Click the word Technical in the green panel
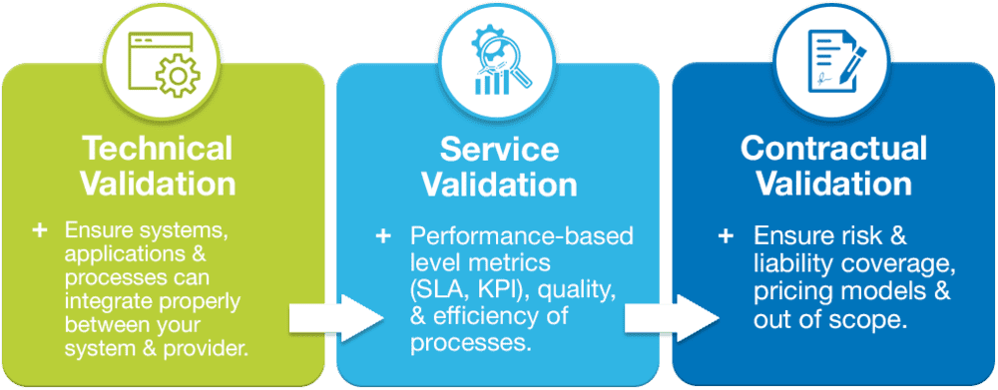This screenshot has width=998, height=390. click(x=158, y=149)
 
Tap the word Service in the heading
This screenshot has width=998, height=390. click(x=500, y=151)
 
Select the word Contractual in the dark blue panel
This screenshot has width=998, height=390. click(x=833, y=149)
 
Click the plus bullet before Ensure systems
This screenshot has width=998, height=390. click(x=40, y=230)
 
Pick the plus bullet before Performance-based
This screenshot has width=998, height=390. click(x=383, y=237)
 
